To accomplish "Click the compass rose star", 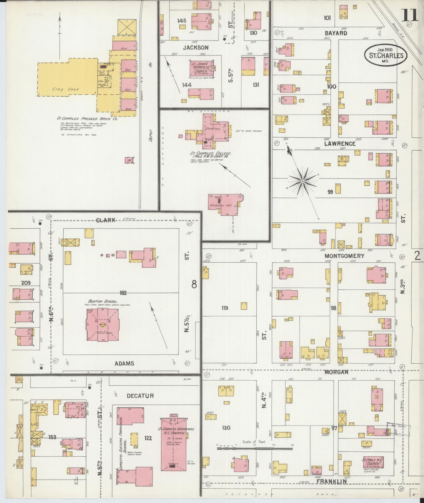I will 302,182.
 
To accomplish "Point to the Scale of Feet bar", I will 255,448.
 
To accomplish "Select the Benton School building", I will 103,325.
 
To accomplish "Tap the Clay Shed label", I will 66,89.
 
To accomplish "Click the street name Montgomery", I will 344,256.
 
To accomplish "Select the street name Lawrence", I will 340,144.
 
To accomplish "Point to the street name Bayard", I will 336,33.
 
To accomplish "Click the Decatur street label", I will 140,396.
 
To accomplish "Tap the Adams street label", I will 125,363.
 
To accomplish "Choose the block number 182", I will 123,293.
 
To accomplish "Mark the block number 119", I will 225,308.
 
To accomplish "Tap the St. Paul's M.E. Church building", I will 371,463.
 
